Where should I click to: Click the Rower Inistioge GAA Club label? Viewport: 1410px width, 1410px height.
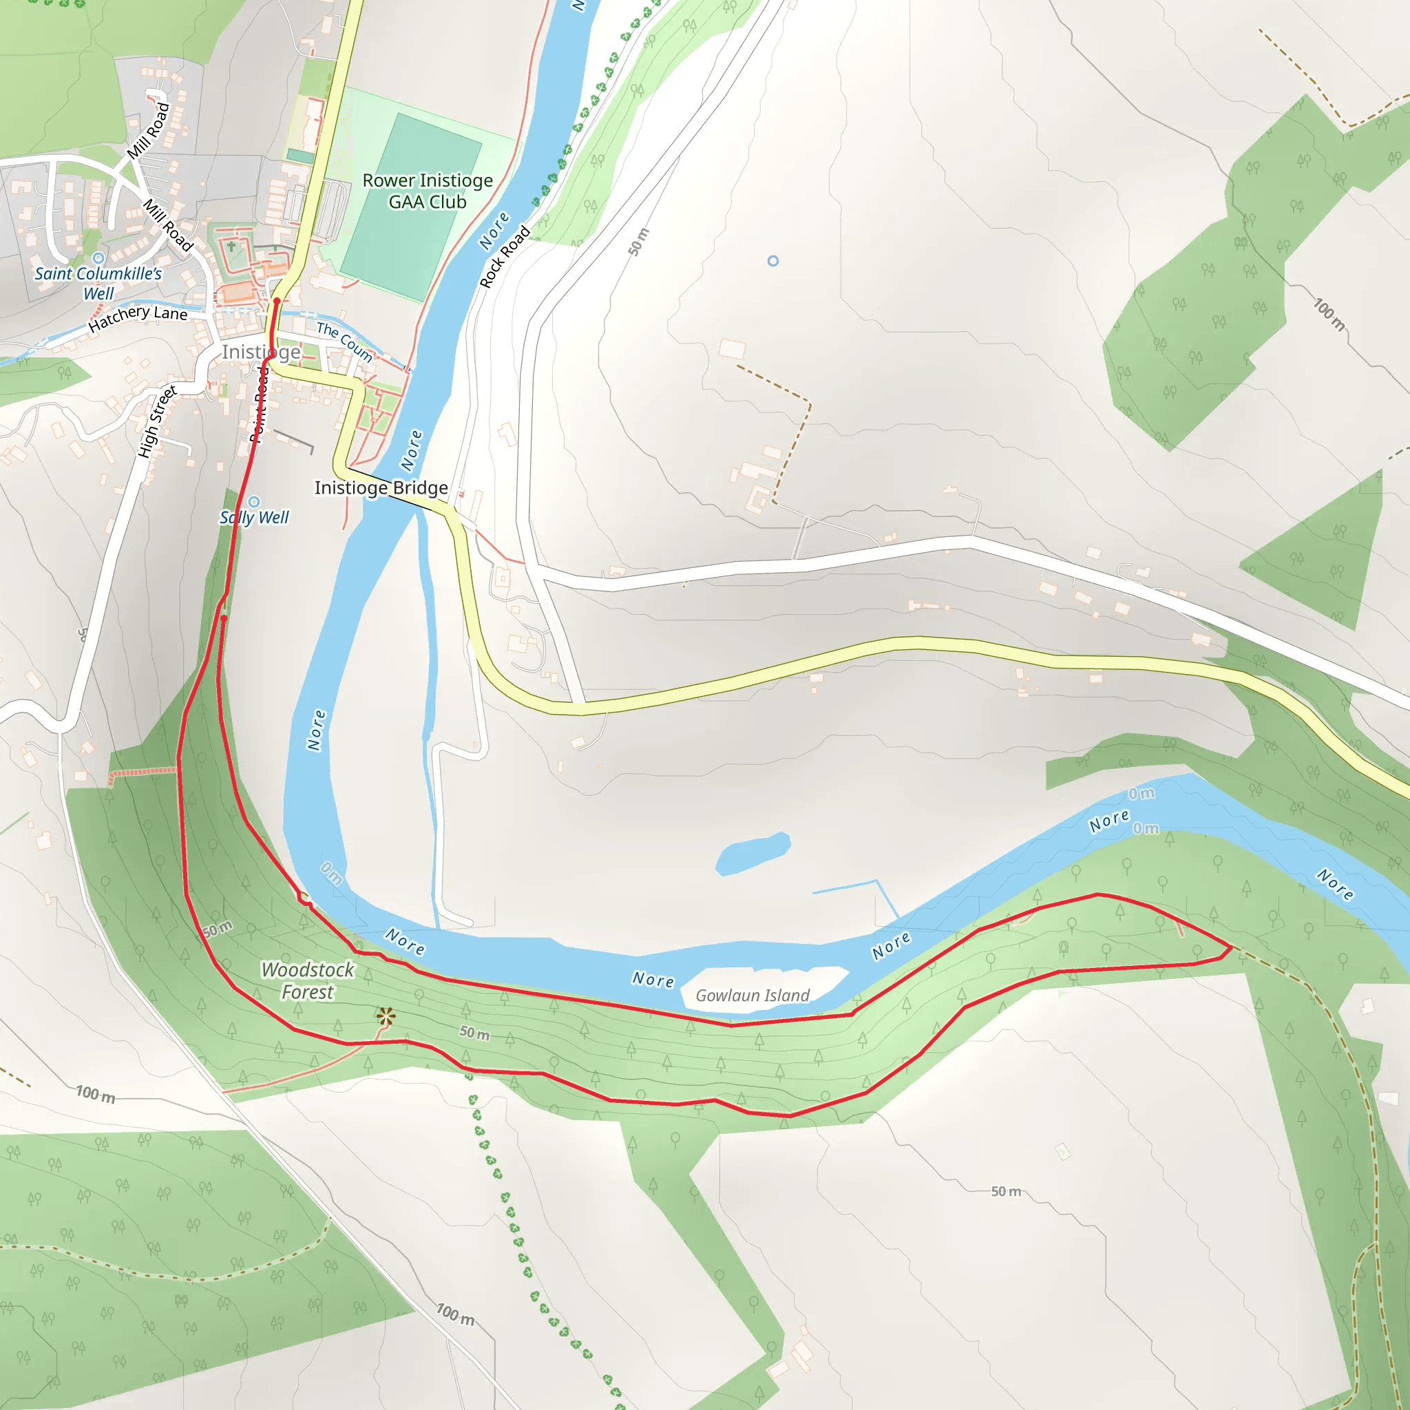click(x=428, y=191)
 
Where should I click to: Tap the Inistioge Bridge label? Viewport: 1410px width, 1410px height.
click(x=381, y=487)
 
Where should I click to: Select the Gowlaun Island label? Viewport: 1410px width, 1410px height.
click(x=753, y=996)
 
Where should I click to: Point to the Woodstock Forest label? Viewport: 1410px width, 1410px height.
click(x=307, y=981)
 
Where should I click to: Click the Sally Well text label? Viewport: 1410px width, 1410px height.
click(x=254, y=518)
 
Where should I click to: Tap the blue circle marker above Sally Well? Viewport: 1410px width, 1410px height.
click(x=254, y=502)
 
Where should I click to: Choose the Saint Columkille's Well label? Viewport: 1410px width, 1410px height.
click(x=98, y=283)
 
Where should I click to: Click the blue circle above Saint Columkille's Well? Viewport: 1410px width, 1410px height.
click(x=98, y=258)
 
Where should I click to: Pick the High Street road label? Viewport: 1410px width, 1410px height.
click(x=157, y=422)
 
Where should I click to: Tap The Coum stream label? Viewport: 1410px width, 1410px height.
click(x=344, y=341)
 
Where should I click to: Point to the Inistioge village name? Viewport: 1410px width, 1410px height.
click(x=260, y=352)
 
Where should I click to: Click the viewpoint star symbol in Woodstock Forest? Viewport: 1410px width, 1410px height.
click(x=386, y=1017)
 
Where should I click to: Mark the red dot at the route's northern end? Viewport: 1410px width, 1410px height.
click(x=277, y=301)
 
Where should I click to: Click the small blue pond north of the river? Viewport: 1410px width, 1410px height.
click(x=753, y=852)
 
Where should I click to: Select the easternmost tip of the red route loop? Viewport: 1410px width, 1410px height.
click(x=1232, y=948)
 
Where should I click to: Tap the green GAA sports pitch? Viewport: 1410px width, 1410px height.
click(x=411, y=208)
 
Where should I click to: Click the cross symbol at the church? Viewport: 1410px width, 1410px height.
click(x=231, y=246)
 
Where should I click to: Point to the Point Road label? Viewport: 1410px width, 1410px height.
click(x=260, y=406)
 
